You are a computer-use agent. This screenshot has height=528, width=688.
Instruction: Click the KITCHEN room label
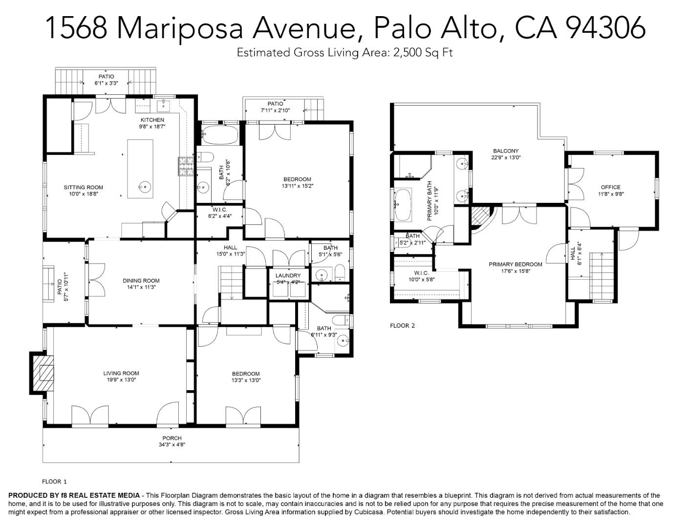[x=152, y=120]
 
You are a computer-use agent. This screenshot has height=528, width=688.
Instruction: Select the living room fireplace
[x=43, y=373]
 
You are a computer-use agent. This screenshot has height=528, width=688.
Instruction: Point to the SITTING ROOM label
[x=83, y=187]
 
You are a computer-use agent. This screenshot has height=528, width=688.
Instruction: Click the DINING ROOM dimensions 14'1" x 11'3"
[x=141, y=287]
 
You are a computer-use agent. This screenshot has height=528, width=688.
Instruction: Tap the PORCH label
[x=172, y=438]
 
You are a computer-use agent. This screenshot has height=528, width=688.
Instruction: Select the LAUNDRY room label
[x=288, y=276]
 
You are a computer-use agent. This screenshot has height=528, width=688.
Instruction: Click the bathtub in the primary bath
[x=403, y=205]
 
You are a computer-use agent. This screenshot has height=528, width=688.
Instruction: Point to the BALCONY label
[x=506, y=151]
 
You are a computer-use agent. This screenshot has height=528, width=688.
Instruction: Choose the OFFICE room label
[x=610, y=187]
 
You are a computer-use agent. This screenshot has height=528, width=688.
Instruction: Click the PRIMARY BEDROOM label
[x=516, y=264]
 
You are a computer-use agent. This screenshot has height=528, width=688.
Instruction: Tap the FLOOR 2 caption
[x=402, y=325]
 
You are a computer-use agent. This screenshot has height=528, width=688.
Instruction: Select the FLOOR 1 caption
[x=54, y=482]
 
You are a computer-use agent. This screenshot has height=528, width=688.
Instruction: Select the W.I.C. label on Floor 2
[x=421, y=273]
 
